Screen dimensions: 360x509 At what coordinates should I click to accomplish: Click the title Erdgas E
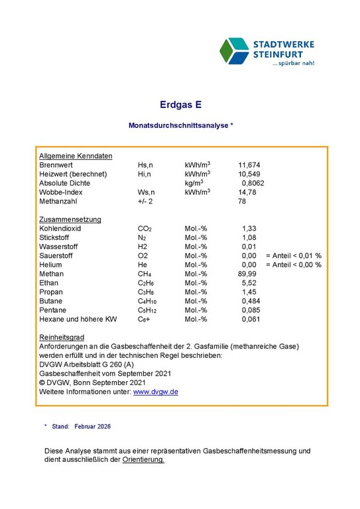[x=180, y=104]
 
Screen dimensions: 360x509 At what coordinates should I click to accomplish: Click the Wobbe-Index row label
[x=60, y=192]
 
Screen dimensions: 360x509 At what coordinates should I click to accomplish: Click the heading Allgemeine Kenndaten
[x=76, y=155]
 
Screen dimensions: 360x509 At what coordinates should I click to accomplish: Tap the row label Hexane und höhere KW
[x=78, y=319]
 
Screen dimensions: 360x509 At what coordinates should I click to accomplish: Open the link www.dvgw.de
[x=156, y=392]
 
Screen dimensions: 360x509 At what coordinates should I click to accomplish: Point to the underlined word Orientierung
[x=143, y=460]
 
